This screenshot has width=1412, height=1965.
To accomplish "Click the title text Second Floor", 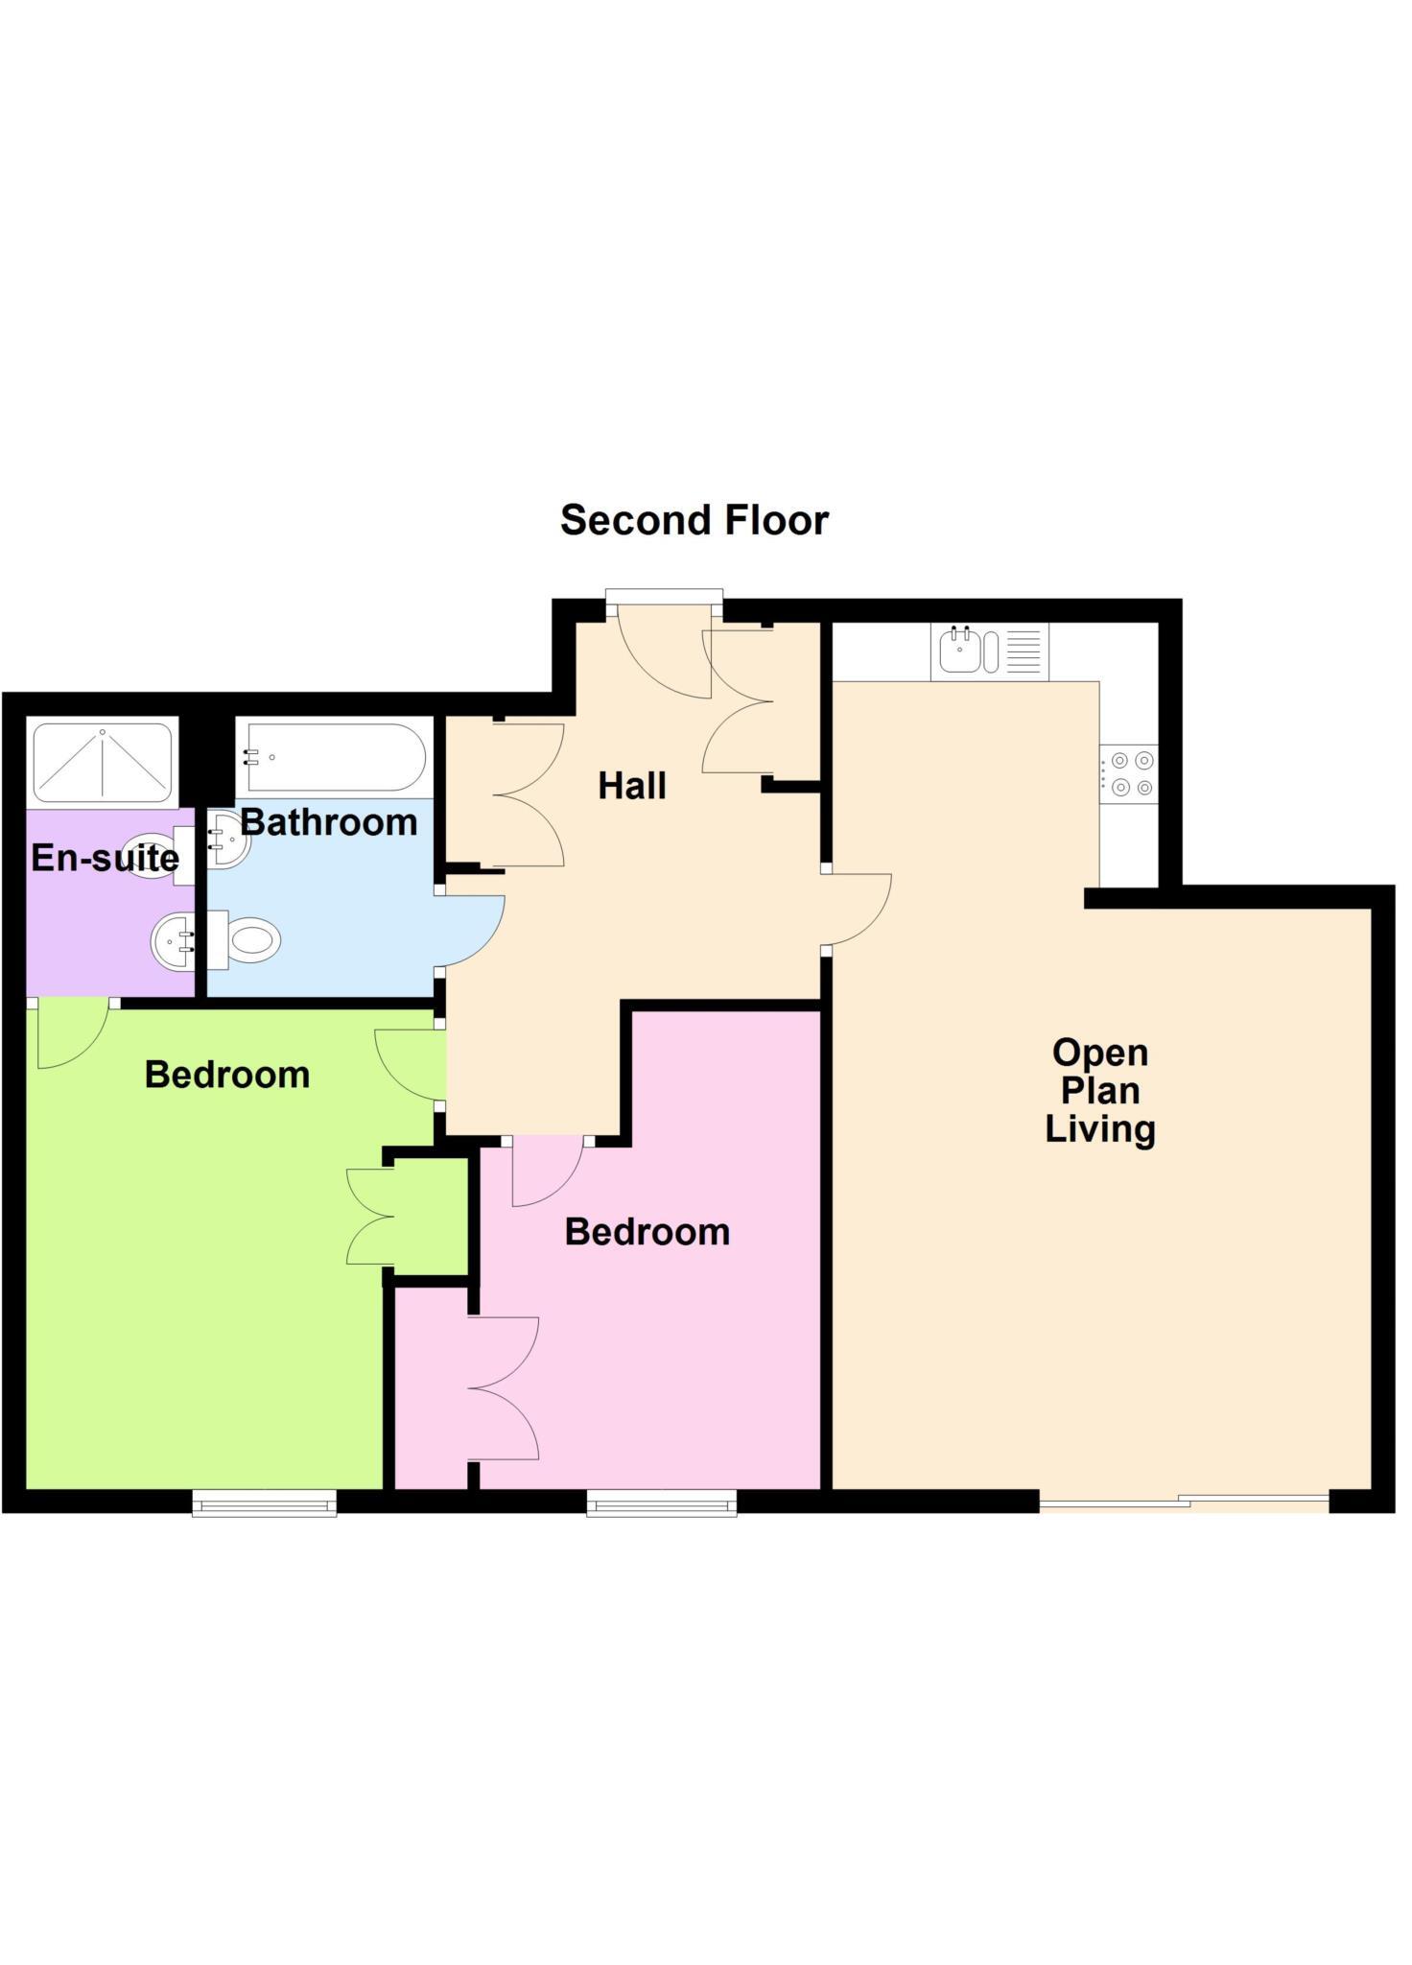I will tap(694, 520).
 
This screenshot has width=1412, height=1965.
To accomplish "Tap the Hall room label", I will tap(631, 786).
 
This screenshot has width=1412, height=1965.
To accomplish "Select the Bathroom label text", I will tap(329, 822).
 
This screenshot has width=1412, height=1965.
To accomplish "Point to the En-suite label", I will tap(105, 857).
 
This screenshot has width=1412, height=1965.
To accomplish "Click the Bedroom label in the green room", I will tap(227, 1075).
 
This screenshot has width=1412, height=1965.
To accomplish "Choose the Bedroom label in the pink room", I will tap(647, 1231).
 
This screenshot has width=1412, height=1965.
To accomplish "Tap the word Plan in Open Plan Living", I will tap(1099, 1090).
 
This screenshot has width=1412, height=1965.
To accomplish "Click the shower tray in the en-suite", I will tap(103, 764).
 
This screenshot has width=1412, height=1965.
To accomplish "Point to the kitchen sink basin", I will tap(959, 651).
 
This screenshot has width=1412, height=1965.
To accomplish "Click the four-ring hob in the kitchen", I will tap(1130, 773).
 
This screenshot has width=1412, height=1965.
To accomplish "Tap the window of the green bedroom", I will tap(265, 1503).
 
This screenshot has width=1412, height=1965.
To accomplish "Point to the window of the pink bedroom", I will tap(662, 1503).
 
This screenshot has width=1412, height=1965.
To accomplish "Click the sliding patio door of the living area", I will tap(1184, 1502).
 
